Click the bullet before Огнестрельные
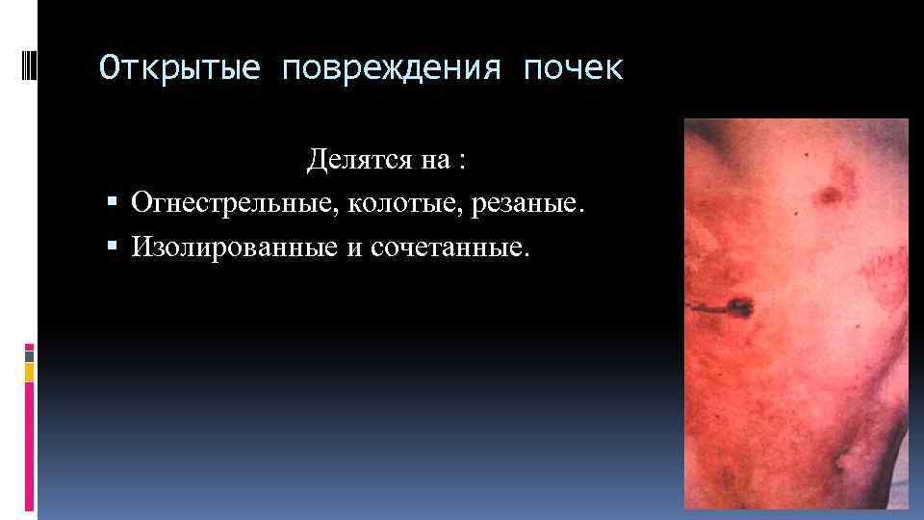tap(113, 204)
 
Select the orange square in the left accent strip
tap(30, 371)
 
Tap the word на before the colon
tap(432, 161)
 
